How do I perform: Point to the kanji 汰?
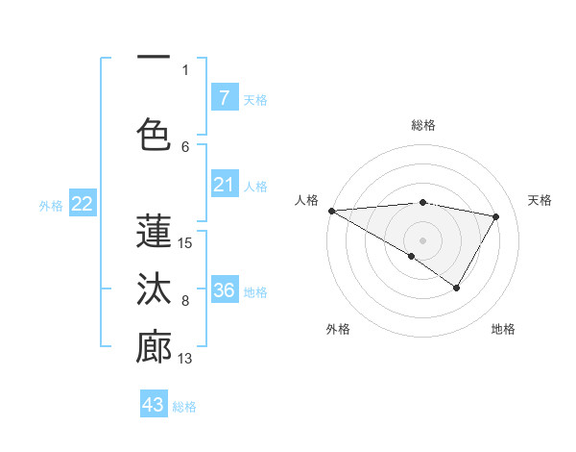tap(154, 289)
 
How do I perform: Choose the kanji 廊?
tap(154, 348)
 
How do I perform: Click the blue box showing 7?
tap(224, 97)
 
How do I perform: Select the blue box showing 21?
tap(224, 185)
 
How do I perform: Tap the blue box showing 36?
tap(224, 290)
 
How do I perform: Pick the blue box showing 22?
tap(83, 204)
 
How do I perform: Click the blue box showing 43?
tap(154, 405)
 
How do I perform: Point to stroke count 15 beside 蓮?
tap(185, 243)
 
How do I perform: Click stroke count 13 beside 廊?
tap(185, 360)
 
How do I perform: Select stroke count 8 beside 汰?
tap(185, 301)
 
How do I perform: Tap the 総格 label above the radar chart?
tap(423, 125)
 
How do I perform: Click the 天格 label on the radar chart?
tap(540, 200)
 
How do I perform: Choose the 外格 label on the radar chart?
tap(337, 329)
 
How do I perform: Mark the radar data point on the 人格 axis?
tap(331, 210)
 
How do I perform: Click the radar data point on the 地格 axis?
tap(457, 288)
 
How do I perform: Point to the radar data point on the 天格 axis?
tap(496, 216)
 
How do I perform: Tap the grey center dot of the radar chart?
tap(422, 239)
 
